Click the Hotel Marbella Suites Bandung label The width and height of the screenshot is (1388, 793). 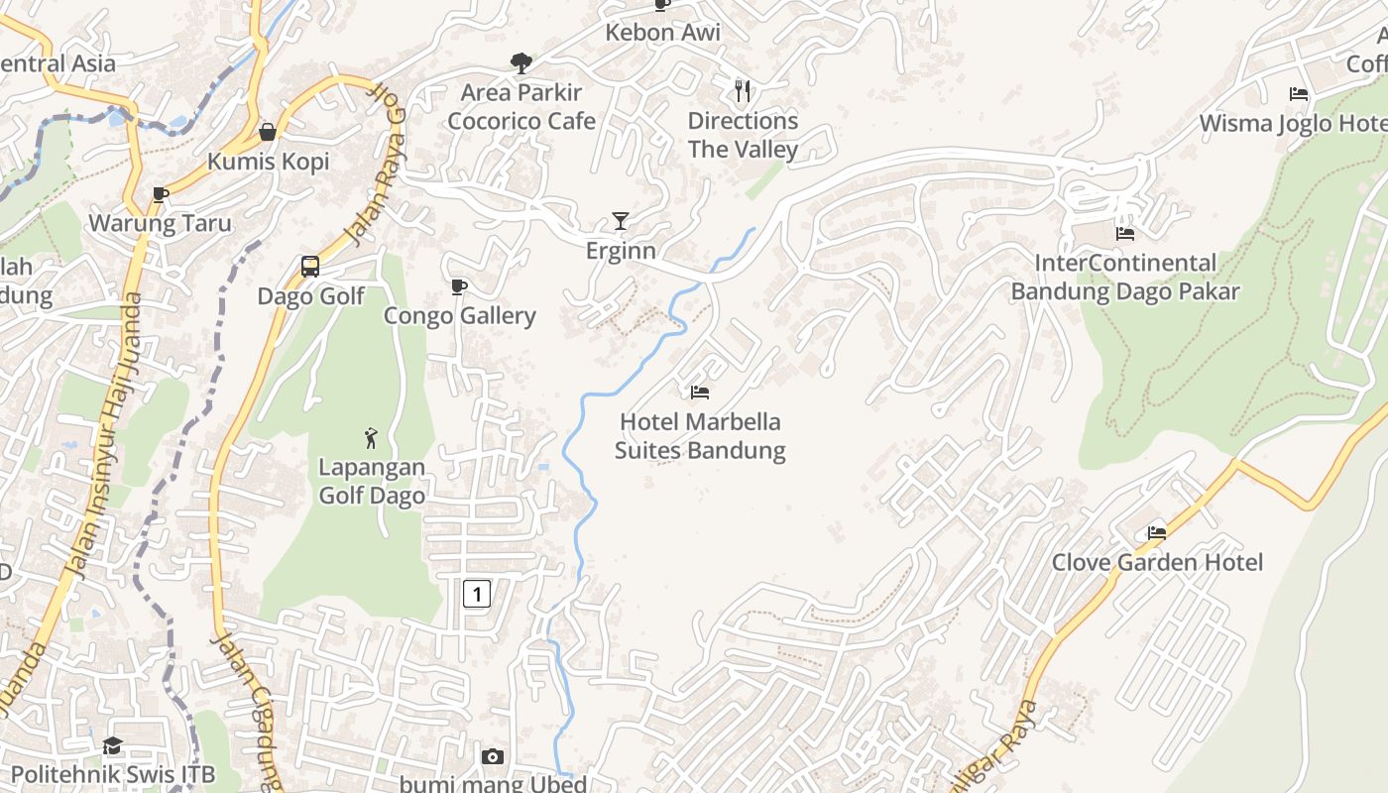click(700, 436)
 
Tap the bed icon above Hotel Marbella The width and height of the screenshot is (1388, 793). click(700, 393)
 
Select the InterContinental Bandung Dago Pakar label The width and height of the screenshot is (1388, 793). click(1125, 278)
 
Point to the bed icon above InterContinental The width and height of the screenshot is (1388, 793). click(1125, 234)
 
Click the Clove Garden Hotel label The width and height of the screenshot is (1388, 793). click(1157, 563)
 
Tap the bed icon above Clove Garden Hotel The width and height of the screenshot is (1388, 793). click(1157, 533)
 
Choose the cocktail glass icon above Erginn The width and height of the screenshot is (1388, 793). click(621, 220)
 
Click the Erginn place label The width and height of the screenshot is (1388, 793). click(621, 251)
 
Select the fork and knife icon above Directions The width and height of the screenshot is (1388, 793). click(743, 91)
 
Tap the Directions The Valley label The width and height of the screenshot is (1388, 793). click(743, 135)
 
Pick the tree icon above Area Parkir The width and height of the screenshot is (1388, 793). click(521, 64)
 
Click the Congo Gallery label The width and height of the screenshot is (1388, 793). click(460, 316)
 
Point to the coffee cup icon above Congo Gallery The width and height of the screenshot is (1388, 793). click(458, 287)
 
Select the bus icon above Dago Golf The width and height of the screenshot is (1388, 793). click(310, 267)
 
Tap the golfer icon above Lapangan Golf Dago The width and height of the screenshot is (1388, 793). click(371, 437)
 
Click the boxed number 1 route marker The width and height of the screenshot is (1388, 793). click(477, 594)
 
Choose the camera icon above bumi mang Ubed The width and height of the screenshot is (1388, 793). click(492, 757)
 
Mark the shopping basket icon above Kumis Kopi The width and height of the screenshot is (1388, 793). click(268, 132)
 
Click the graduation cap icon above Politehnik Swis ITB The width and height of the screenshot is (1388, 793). click(112, 745)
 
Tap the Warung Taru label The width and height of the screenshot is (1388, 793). click(160, 223)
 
